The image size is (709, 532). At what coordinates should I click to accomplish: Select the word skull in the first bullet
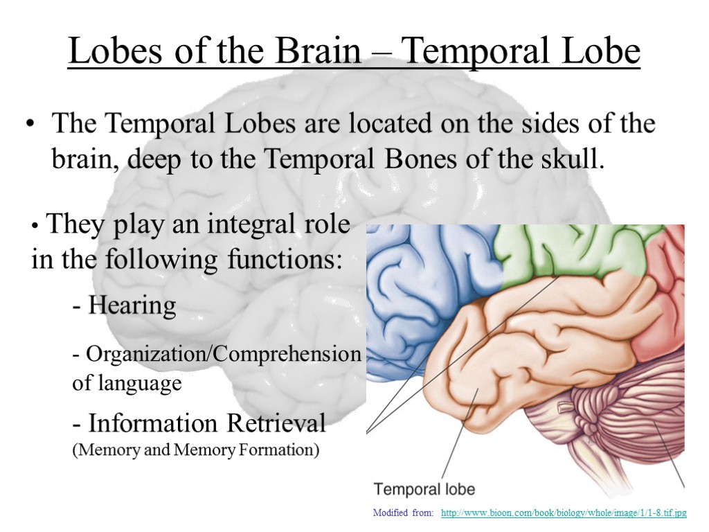pyautogui.click(x=576, y=159)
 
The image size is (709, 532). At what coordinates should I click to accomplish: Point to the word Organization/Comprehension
pyautogui.click(x=217, y=354)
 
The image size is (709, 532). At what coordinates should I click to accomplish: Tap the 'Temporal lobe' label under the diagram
pyautogui.click(x=424, y=489)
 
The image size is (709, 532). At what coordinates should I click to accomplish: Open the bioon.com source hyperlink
pyautogui.click(x=563, y=513)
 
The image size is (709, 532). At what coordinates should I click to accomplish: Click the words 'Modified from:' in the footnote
pyautogui.click(x=404, y=513)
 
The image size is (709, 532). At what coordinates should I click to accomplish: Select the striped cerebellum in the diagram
pyautogui.click(x=616, y=423)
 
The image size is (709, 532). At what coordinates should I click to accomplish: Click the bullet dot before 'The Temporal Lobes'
pyautogui.click(x=29, y=125)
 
